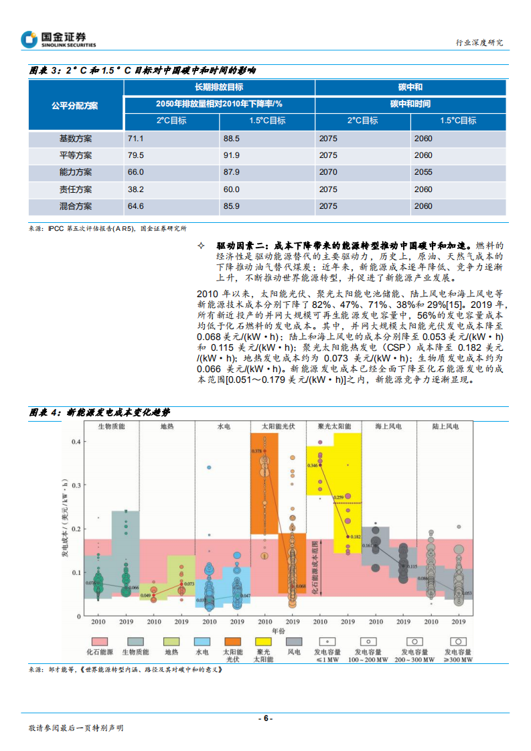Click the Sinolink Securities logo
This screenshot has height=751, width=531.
pyautogui.click(x=58, y=39)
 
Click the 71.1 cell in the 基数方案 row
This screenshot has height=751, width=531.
pyautogui.click(x=136, y=139)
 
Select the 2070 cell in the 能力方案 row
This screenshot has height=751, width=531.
pyautogui.click(x=328, y=172)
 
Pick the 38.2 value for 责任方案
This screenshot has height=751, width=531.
pyautogui.click(x=136, y=189)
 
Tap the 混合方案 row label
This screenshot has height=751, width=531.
pyautogui.click(x=76, y=206)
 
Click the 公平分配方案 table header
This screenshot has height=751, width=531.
pyautogui.click(x=76, y=105)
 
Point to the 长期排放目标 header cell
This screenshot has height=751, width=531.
pyautogui.click(x=219, y=88)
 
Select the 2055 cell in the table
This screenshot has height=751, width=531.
pyautogui.click(x=423, y=172)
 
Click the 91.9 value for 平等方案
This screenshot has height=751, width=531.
pyautogui.click(x=232, y=155)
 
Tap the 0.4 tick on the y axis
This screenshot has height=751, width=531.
pyautogui.click(x=76, y=442)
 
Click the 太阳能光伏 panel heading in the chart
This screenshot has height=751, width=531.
pyautogui.click(x=278, y=426)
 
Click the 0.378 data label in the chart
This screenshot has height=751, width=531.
pyautogui.click(x=256, y=452)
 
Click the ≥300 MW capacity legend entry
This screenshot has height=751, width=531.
pyautogui.click(x=459, y=646)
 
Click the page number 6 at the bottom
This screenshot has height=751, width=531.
pyautogui.click(x=265, y=718)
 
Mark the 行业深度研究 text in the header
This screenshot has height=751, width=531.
pyautogui.click(x=479, y=42)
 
